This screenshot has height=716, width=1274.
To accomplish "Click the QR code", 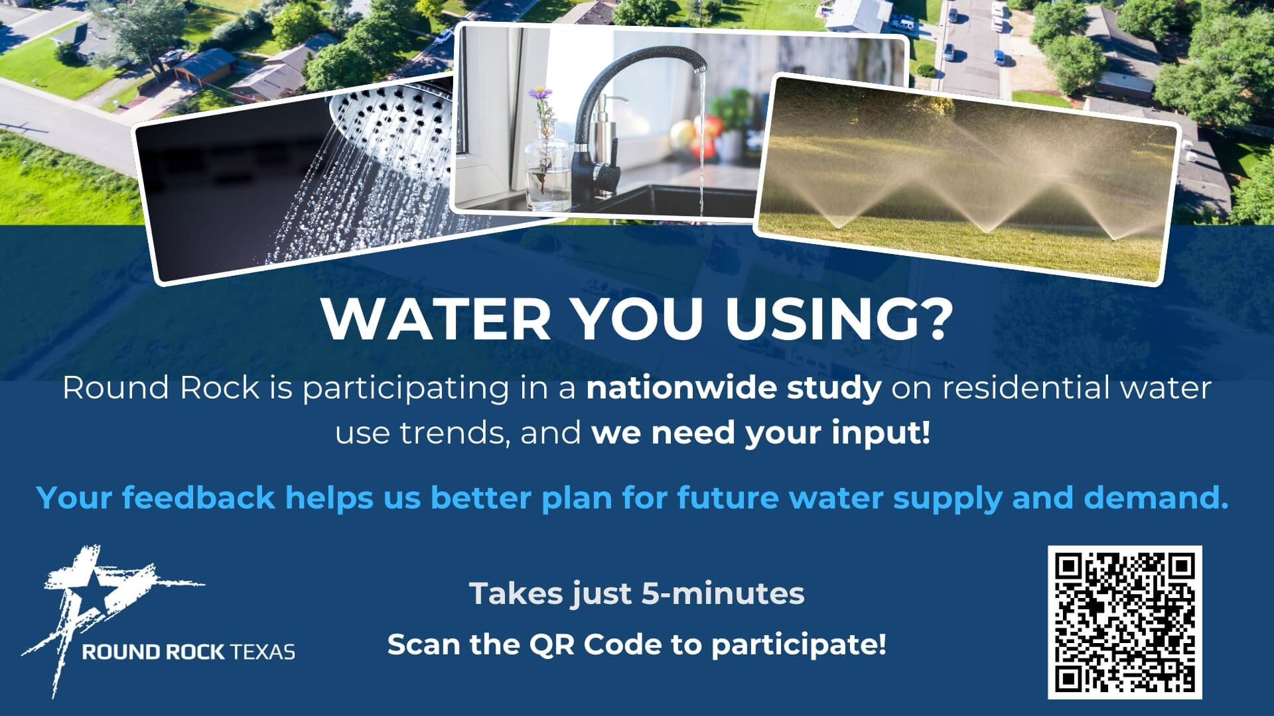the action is [1125, 622].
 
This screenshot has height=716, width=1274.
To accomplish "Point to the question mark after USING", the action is [932, 319].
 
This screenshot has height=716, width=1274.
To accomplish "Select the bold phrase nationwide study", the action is [734, 388].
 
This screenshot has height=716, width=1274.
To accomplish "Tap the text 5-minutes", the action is [723, 593].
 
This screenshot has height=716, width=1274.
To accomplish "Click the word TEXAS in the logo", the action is [263, 652].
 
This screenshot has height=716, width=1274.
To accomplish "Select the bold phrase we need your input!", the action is [760, 434].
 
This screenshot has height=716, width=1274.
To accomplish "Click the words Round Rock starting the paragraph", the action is [161, 388].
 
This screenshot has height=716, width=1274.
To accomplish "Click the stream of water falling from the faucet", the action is [701, 139].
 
